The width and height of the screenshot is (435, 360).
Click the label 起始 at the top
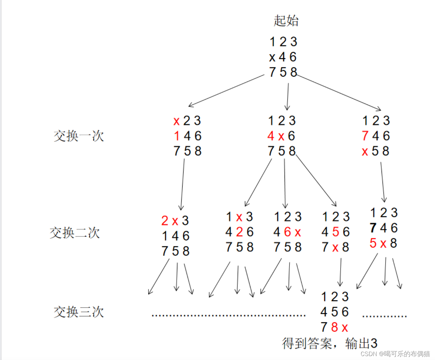click(286, 21)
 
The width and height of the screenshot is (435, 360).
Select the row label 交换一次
click(79, 136)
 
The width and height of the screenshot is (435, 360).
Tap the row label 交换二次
click(75, 233)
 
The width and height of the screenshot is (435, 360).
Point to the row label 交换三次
click(79, 312)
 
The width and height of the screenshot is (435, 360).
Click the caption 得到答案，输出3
click(329, 344)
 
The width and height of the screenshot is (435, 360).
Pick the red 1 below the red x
click(177, 136)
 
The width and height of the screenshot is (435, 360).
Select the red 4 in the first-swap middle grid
click(271, 136)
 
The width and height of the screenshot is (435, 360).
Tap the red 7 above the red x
click(365, 136)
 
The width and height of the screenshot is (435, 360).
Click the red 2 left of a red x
click(165, 221)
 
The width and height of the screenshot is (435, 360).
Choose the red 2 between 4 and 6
click(240, 232)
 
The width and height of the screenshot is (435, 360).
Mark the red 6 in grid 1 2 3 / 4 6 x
click(287, 232)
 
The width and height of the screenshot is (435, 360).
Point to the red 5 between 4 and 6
click(335, 232)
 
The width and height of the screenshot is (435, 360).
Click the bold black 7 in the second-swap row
click(373, 228)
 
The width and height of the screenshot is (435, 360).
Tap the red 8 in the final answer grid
click(334, 327)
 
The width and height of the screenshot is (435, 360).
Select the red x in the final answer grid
click(345, 327)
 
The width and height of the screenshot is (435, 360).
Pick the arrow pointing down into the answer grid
click(341, 272)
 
